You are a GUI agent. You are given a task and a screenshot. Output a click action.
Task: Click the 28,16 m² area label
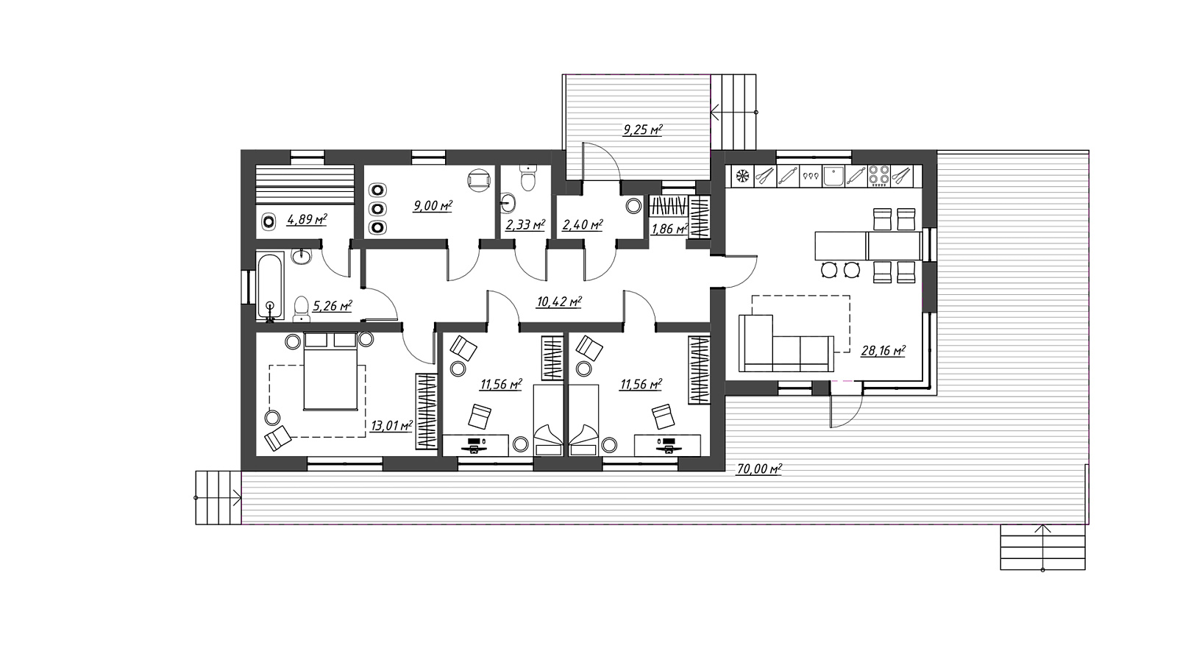pyautogui.click(x=883, y=350)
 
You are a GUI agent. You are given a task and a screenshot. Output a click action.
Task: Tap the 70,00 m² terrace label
pyautogui.click(x=759, y=469)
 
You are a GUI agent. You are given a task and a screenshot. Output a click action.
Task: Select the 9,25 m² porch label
pyautogui.click(x=643, y=129)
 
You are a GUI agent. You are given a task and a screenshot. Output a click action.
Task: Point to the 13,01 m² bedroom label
pyautogui.click(x=391, y=425)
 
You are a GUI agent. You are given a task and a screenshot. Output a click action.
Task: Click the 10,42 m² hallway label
pyautogui.click(x=559, y=302)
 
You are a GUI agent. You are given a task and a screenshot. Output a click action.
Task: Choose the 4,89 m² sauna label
pyautogui.click(x=307, y=219)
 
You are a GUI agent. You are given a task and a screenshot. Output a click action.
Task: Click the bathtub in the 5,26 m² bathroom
pyautogui.click(x=270, y=286)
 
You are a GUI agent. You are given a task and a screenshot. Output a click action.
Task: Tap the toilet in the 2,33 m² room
pyautogui.click(x=527, y=177)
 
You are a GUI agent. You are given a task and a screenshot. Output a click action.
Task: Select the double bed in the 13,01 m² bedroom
pyautogui.click(x=330, y=371)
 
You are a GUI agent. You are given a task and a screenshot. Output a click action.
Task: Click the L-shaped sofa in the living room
pyautogui.click(x=786, y=344)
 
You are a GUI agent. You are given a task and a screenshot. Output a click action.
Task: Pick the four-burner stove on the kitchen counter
pyautogui.click(x=878, y=176)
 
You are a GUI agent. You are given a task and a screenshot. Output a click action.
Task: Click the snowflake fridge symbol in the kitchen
pyautogui.click(x=742, y=176)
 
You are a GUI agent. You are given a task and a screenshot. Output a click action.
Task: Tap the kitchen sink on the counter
pyautogui.click(x=833, y=176)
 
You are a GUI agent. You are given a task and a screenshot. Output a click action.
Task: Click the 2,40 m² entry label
pyautogui.click(x=582, y=225)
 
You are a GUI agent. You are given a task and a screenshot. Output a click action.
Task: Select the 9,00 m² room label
pyautogui.click(x=433, y=205)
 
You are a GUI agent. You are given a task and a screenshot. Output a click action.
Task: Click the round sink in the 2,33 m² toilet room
pyautogui.click(x=508, y=202)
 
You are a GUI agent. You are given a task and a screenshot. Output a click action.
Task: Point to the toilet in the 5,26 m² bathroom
pyautogui.click(x=301, y=308)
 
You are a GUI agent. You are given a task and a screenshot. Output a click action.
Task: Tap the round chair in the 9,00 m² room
pyautogui.click(x=479, y=180)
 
